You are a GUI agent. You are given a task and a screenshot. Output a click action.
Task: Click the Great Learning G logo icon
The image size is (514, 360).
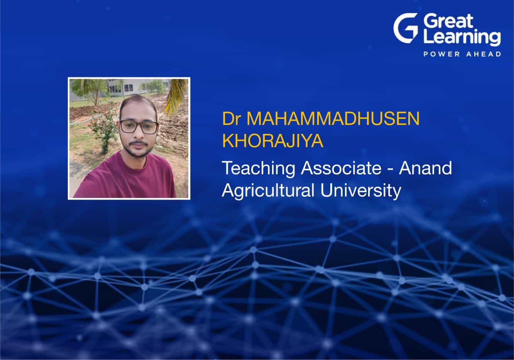click(405, 28)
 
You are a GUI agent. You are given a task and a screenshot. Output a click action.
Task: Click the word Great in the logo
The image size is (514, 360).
click(448, 21)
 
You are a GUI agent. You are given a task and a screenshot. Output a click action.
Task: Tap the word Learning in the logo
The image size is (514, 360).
click(462, 37)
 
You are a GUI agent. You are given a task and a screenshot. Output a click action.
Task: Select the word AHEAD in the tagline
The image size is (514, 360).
click(484, 54)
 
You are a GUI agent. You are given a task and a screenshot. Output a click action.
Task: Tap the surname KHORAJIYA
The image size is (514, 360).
click(272, 141)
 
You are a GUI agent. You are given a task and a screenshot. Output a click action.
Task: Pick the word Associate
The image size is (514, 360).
click(341, 168)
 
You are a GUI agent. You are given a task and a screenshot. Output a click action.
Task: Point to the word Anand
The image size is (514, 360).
click(425, 168)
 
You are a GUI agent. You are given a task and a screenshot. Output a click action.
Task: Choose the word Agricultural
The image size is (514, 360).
click(268, 191)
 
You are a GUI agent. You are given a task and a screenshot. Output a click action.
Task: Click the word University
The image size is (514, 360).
click(361, 191)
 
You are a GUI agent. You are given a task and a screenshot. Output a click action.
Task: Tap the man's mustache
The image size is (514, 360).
click(138, 144)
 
